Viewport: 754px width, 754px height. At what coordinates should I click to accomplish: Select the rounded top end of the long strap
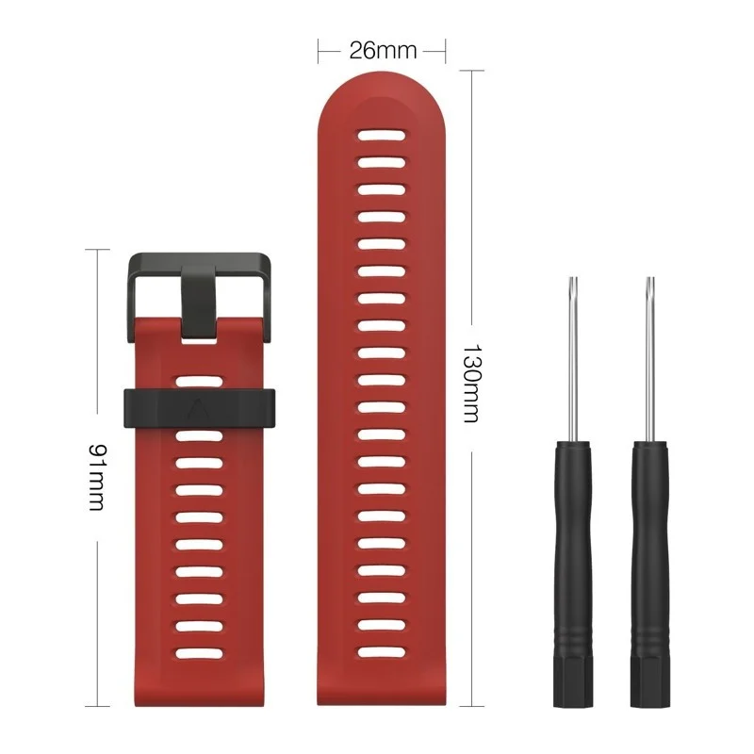(x=382, y=94)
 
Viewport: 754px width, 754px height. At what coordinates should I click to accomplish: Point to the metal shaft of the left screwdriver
(x=571, y=377)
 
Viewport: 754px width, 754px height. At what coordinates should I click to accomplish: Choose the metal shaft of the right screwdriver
(x=648, y=377)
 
